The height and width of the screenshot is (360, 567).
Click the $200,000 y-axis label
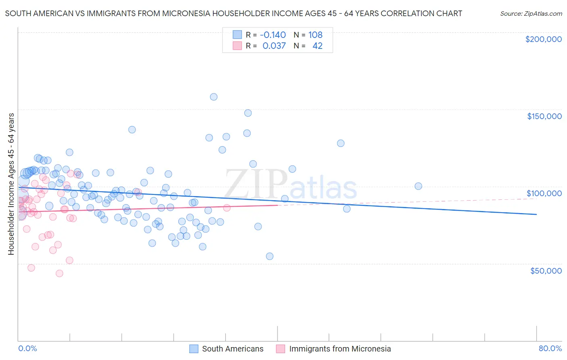point(543,39)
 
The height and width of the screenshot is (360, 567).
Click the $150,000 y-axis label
point(544,116)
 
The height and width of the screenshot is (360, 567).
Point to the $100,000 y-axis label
point(544,193)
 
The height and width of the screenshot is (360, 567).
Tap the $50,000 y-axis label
point(546,270)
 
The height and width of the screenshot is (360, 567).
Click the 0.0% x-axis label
point(27,348)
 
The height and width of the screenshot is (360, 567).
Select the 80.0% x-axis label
point(550,348)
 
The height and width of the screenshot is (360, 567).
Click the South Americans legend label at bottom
point(232,349)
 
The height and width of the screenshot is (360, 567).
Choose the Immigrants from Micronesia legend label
point(340,349)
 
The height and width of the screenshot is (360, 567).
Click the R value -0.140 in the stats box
point(273,35)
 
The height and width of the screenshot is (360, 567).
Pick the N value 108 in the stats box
point(315,35)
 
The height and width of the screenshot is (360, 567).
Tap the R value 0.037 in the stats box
point(274,46)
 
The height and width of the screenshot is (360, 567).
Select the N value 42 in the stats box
point(317,46)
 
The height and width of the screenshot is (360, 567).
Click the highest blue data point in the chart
point(214,97)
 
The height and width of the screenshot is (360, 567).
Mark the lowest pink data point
point(59,273)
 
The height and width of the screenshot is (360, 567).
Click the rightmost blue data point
point(418,186)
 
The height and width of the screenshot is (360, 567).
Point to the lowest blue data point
point(270,256)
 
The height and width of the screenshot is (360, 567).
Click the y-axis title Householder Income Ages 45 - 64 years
point(11,184)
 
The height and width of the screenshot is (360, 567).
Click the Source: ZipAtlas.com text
point(531,13)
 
